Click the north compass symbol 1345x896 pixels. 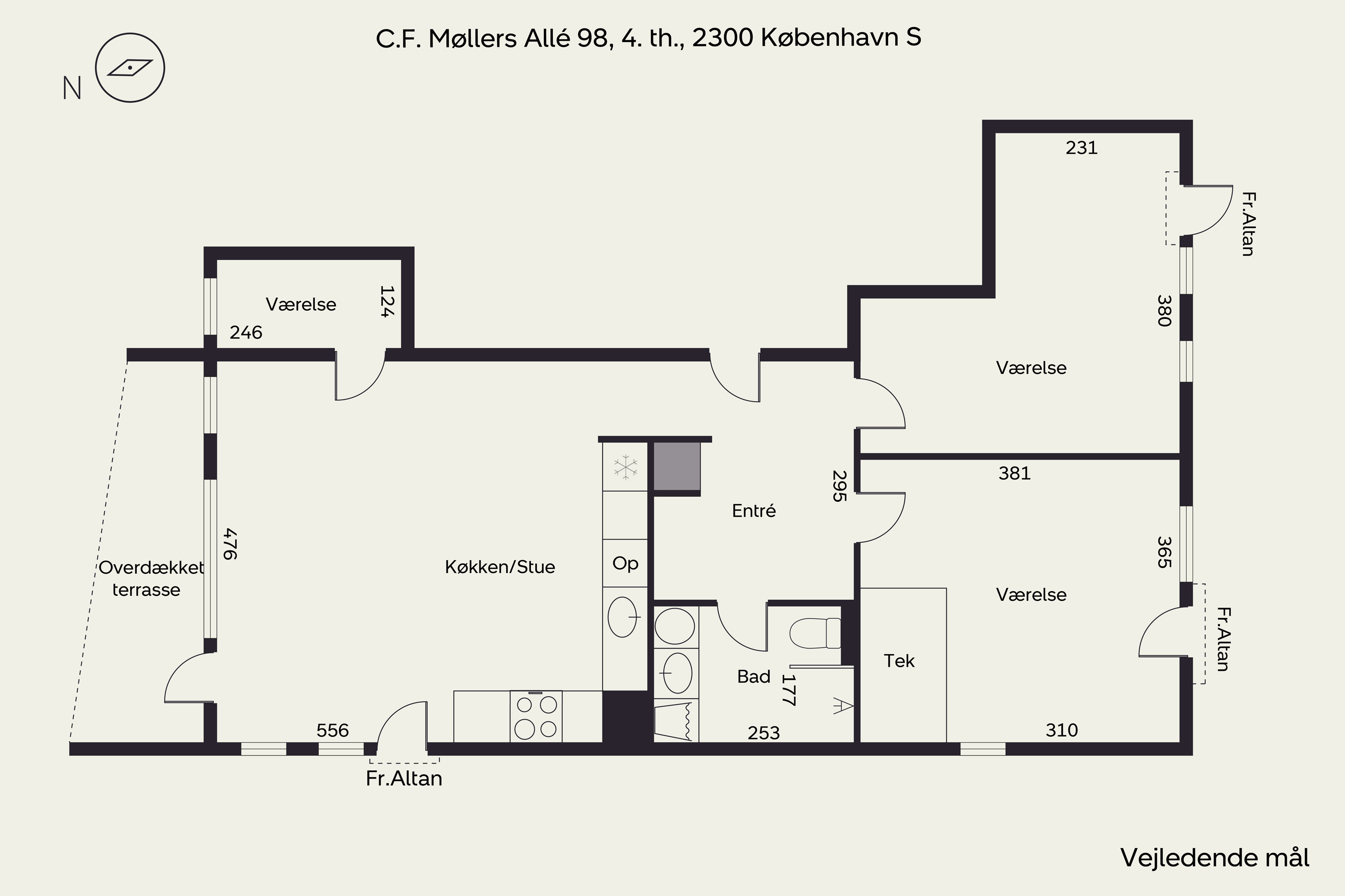130,68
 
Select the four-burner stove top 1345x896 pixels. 536,716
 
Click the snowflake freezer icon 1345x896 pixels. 625,467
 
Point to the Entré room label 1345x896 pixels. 754,511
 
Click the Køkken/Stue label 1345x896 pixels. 500,567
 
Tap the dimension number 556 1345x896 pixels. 332,730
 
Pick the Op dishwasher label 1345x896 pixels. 625,564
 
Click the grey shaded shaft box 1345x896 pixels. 677,466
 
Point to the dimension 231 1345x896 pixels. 1081,148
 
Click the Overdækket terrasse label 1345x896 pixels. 150,578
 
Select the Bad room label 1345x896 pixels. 754,676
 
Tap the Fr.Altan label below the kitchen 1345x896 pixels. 404,779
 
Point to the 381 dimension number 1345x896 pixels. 1015,473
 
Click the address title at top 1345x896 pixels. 648,38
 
